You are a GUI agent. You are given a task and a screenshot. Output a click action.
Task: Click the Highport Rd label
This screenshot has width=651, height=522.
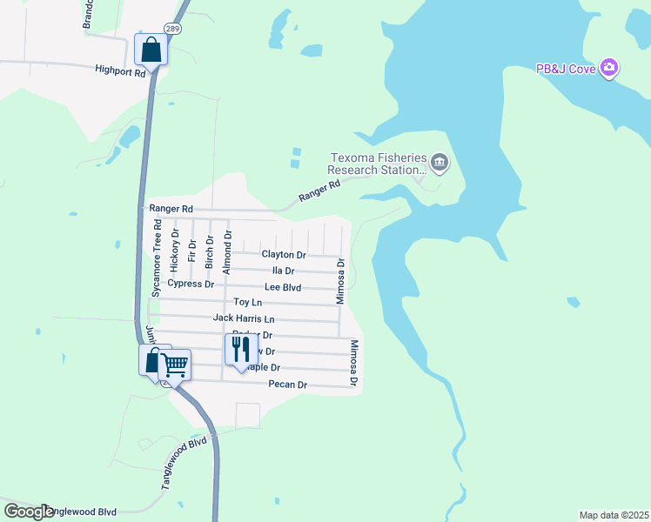point(120,72)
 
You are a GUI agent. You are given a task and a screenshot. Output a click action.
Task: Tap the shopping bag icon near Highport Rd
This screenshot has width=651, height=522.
point(151,50)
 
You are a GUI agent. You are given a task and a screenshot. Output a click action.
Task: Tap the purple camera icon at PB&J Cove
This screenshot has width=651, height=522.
point(609,67)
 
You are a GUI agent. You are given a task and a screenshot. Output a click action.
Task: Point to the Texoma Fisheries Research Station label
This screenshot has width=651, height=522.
point(378,164)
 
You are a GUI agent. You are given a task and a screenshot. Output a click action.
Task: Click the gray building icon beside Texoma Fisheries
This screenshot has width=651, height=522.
point(440,163)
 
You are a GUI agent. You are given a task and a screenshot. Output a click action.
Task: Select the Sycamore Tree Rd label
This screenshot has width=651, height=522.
point(157,258)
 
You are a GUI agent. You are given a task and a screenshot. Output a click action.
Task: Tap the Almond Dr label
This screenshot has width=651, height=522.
point(227,253)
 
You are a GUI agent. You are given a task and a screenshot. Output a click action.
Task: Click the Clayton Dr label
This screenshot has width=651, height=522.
point(284,255)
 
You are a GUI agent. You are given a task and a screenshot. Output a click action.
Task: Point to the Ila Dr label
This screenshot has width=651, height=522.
point(284,271)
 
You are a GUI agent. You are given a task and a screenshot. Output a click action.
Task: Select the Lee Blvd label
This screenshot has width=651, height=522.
point(283,286)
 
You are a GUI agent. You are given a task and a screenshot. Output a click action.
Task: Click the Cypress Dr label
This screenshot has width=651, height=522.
point(191,284)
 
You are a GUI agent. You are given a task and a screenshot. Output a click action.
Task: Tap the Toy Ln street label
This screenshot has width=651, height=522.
point(248,302)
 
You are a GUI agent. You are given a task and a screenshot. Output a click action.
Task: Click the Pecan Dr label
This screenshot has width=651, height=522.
point(288,385)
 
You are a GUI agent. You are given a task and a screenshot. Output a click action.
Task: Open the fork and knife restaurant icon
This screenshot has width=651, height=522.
point(238,349)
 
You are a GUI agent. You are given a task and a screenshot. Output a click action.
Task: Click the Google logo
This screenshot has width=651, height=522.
point(29,512)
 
